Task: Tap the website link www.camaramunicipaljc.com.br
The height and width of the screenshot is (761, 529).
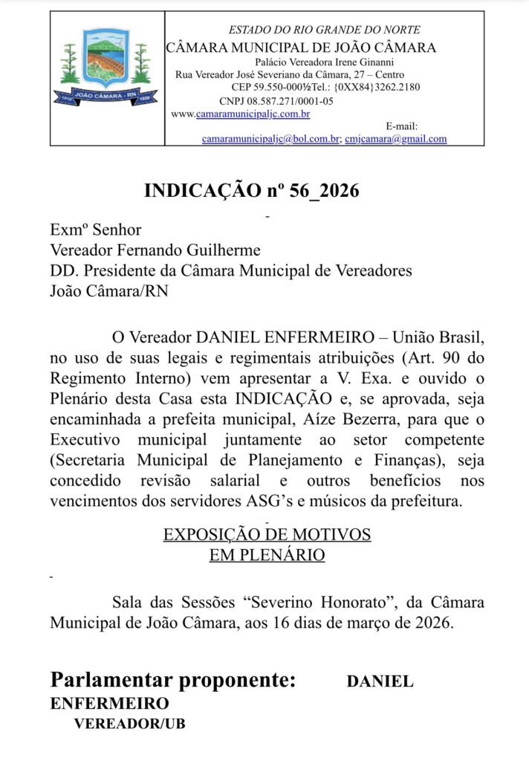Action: (241, 114)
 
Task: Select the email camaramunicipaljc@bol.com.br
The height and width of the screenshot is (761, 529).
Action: (270, 138)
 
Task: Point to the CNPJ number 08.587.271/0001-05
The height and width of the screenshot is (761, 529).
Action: (276, 101)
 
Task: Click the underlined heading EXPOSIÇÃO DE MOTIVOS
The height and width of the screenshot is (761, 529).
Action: (267, 535)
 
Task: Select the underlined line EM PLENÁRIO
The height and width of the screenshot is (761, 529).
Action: (267, 555)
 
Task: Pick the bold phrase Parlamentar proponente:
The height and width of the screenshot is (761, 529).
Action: (173, 680)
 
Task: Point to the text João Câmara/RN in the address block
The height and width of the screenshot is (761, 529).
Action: (108, 291)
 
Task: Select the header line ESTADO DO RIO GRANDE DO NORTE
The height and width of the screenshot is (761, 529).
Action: (324, 30)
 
